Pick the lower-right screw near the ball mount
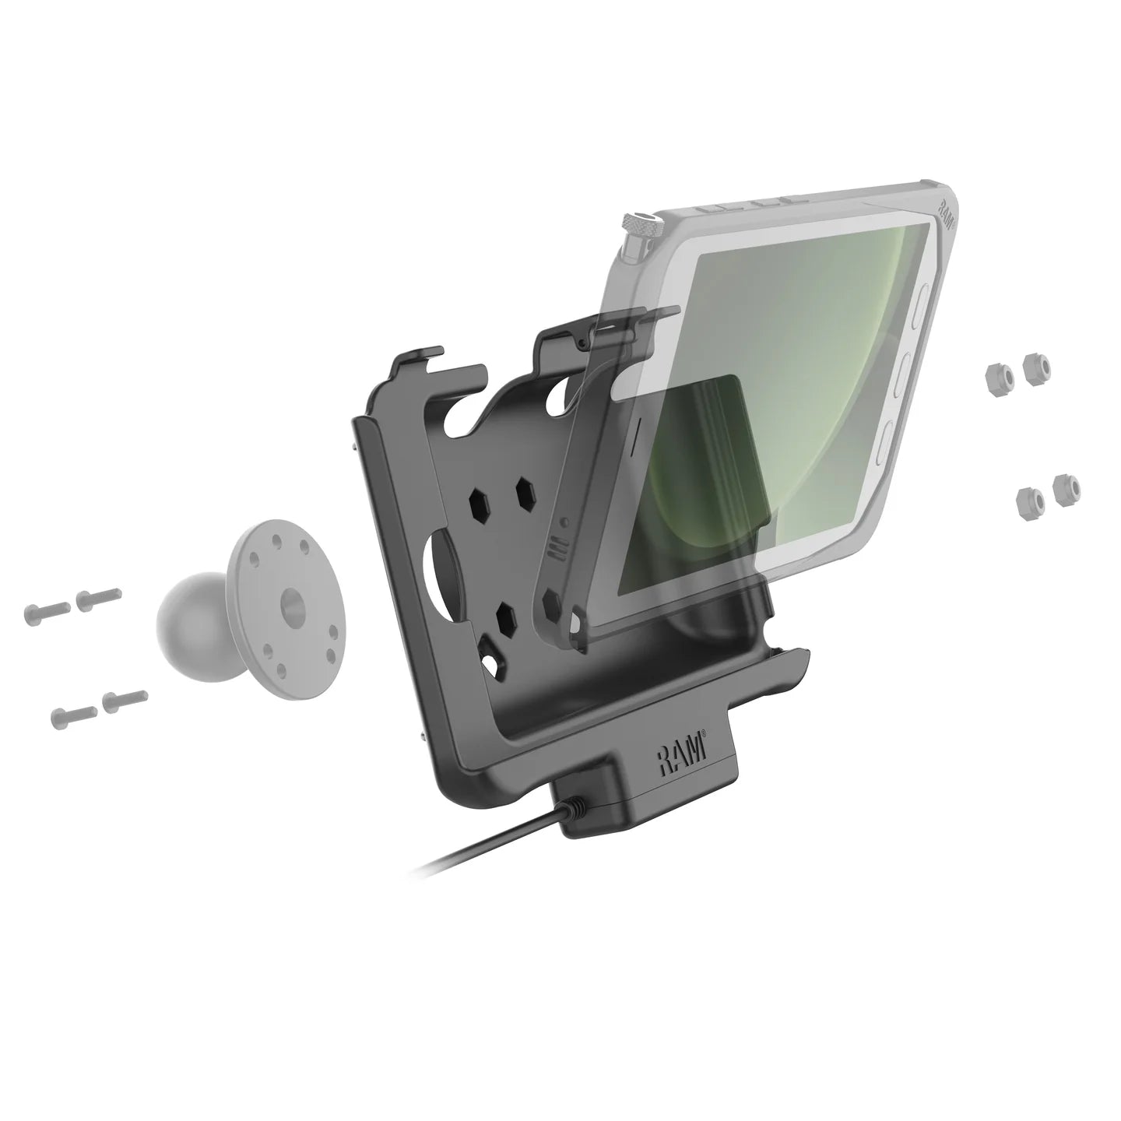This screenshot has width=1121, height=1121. coord(125,696)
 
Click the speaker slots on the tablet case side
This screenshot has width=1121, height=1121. coord(555,548)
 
